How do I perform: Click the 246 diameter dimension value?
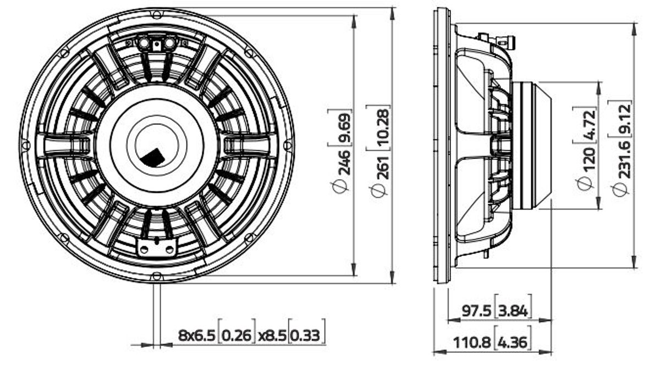click(343, 163)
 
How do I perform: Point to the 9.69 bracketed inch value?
click(343, 128)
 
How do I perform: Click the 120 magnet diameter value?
click(588, 161)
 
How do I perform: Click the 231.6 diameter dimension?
click(624, 159)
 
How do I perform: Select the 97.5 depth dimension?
click(476, 311)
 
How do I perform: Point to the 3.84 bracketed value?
click(513, 311)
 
